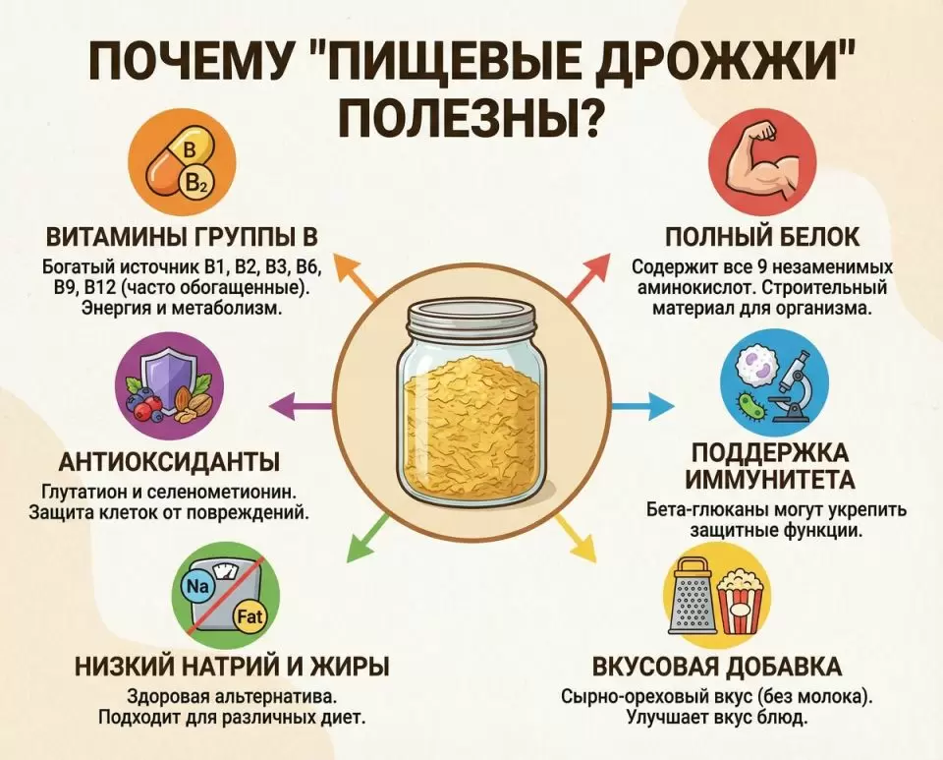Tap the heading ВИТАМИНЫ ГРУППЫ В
click(x=183, y=237)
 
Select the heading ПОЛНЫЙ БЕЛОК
click(x=762, y=237)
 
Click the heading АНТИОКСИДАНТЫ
click(x=170, y=462)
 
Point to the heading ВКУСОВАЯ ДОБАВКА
click(x=717, y=668)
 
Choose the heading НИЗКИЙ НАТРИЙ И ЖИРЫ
click(x=232, y=668)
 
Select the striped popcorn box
click(x=741, y=602)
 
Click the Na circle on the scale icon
click(x=197, y=586)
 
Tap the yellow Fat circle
click(x=250, y=616)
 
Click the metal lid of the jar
click(x=471, y=319)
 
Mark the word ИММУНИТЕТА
click(x=770, y=480)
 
